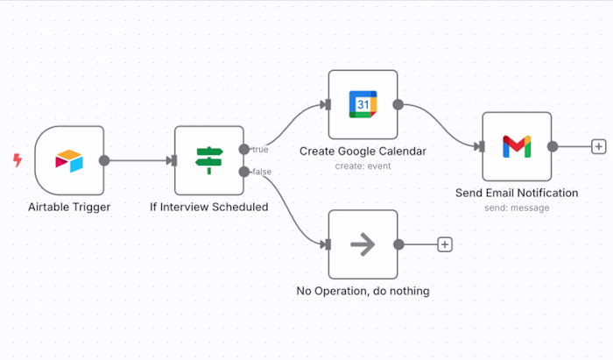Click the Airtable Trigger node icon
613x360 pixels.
(69, 160)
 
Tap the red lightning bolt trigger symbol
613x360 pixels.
(17, 160)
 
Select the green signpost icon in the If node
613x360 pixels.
(208, 160)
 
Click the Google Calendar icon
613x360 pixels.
(363, 104)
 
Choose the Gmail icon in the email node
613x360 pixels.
(517, 146)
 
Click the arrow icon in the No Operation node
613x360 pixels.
(363, 244)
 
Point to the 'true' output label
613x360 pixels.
(260, 149)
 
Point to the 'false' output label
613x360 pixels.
(262, 172)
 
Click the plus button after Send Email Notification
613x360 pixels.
(599, 146)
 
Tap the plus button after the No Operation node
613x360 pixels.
(445, 244)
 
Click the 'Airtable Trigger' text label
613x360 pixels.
(69, 207)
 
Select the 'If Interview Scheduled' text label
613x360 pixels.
(208, 207)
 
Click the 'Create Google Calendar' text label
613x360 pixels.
(363, 151)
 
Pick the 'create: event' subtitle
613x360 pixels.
(363, 166)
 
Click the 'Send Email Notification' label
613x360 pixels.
(517, 193)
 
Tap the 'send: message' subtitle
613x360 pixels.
(517, 208)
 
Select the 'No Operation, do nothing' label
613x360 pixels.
(363, 291)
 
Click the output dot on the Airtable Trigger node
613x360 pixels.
(104, 160)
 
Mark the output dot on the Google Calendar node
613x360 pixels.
(398, 104)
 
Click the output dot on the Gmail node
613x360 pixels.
(552, 146)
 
